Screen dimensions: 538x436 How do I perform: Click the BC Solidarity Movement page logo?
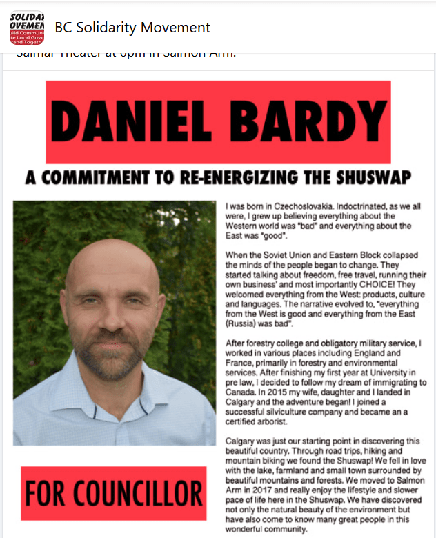click(x=27, y=28)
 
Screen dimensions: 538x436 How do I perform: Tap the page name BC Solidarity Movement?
click(x=132, y=28)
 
